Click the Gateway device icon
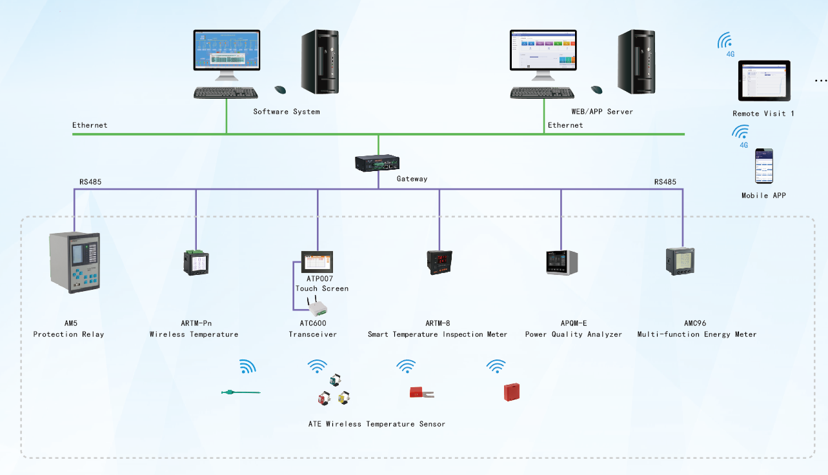point(378,163)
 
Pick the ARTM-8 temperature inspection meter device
point(439,262)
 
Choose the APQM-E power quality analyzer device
point(561,263)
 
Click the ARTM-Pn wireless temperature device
point(196,262)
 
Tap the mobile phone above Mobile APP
point(764,167)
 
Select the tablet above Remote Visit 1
point(765,81)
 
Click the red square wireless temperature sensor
point(512,392)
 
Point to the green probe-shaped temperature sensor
point(239,392)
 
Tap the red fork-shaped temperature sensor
point(421,391)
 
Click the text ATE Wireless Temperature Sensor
point(376,424)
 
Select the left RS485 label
point(90,182)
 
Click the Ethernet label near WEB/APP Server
point(565,125)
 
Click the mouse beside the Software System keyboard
point(280,90)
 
